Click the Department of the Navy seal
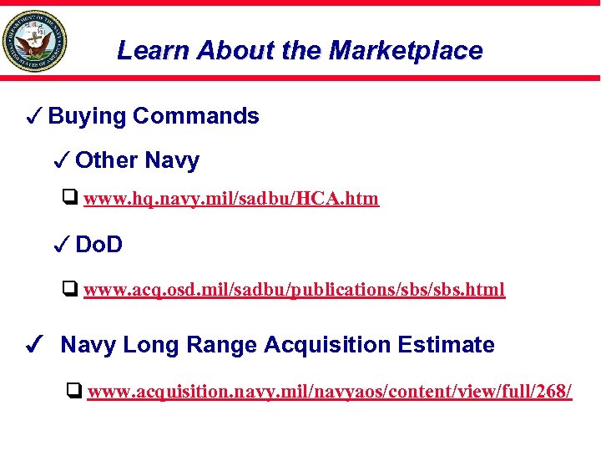[34, 41]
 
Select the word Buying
[88, 116]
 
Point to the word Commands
[196, 116]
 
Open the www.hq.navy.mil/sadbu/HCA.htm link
[231, 199]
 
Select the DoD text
[99, 245]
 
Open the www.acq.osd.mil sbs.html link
[294, 291]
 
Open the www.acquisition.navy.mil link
[330, 392]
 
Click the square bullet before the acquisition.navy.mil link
[74, 391]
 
